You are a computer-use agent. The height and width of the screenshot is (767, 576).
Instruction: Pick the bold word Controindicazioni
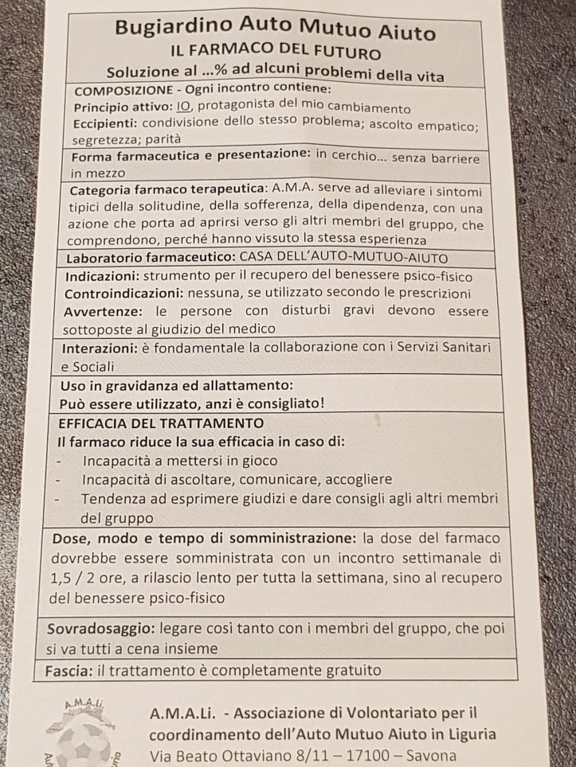(x=122, y=294)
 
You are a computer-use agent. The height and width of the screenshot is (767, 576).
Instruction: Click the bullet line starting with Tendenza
(x=288, y=499)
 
